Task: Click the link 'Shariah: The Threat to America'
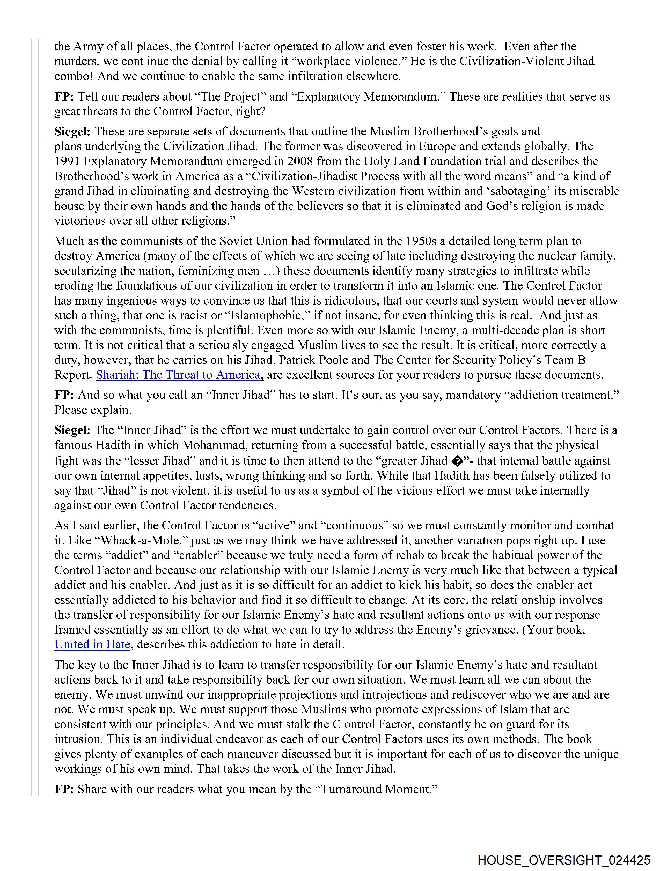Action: coord(179,375)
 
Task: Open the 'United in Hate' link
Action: coord(92,645)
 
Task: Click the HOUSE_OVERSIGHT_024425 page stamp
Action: coord(564,860)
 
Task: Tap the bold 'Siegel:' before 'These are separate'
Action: coord(72,132)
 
